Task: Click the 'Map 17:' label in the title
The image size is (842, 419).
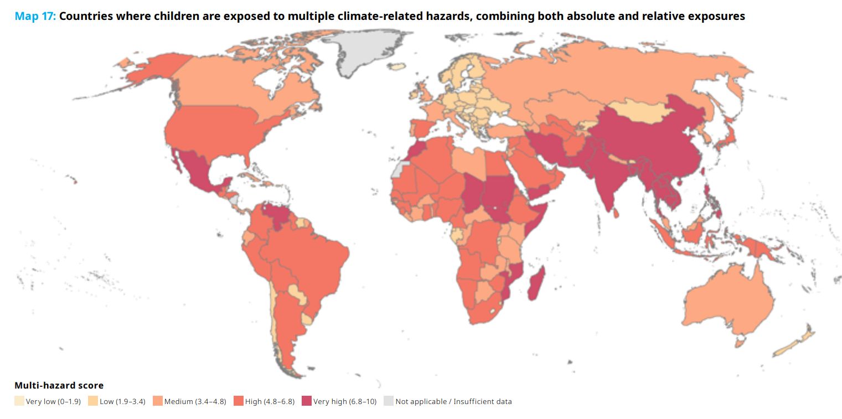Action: [35, 16]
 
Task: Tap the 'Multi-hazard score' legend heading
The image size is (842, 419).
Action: [59, 385]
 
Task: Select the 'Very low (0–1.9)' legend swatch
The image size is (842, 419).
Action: [19, 401]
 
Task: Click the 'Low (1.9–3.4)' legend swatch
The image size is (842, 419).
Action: [93, 401]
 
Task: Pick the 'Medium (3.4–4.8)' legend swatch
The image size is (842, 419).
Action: [158, 401]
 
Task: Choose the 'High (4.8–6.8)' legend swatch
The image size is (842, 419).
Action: [238, 401]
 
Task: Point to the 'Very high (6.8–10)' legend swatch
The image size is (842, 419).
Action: [307, 401]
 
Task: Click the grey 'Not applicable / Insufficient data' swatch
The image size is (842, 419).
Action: [389, 401]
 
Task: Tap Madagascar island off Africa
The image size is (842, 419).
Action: [537, 284]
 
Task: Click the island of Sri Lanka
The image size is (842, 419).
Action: [616, 213]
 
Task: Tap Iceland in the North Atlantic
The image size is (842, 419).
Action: [397, 66]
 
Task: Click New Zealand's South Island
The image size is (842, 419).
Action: [788, 348]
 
